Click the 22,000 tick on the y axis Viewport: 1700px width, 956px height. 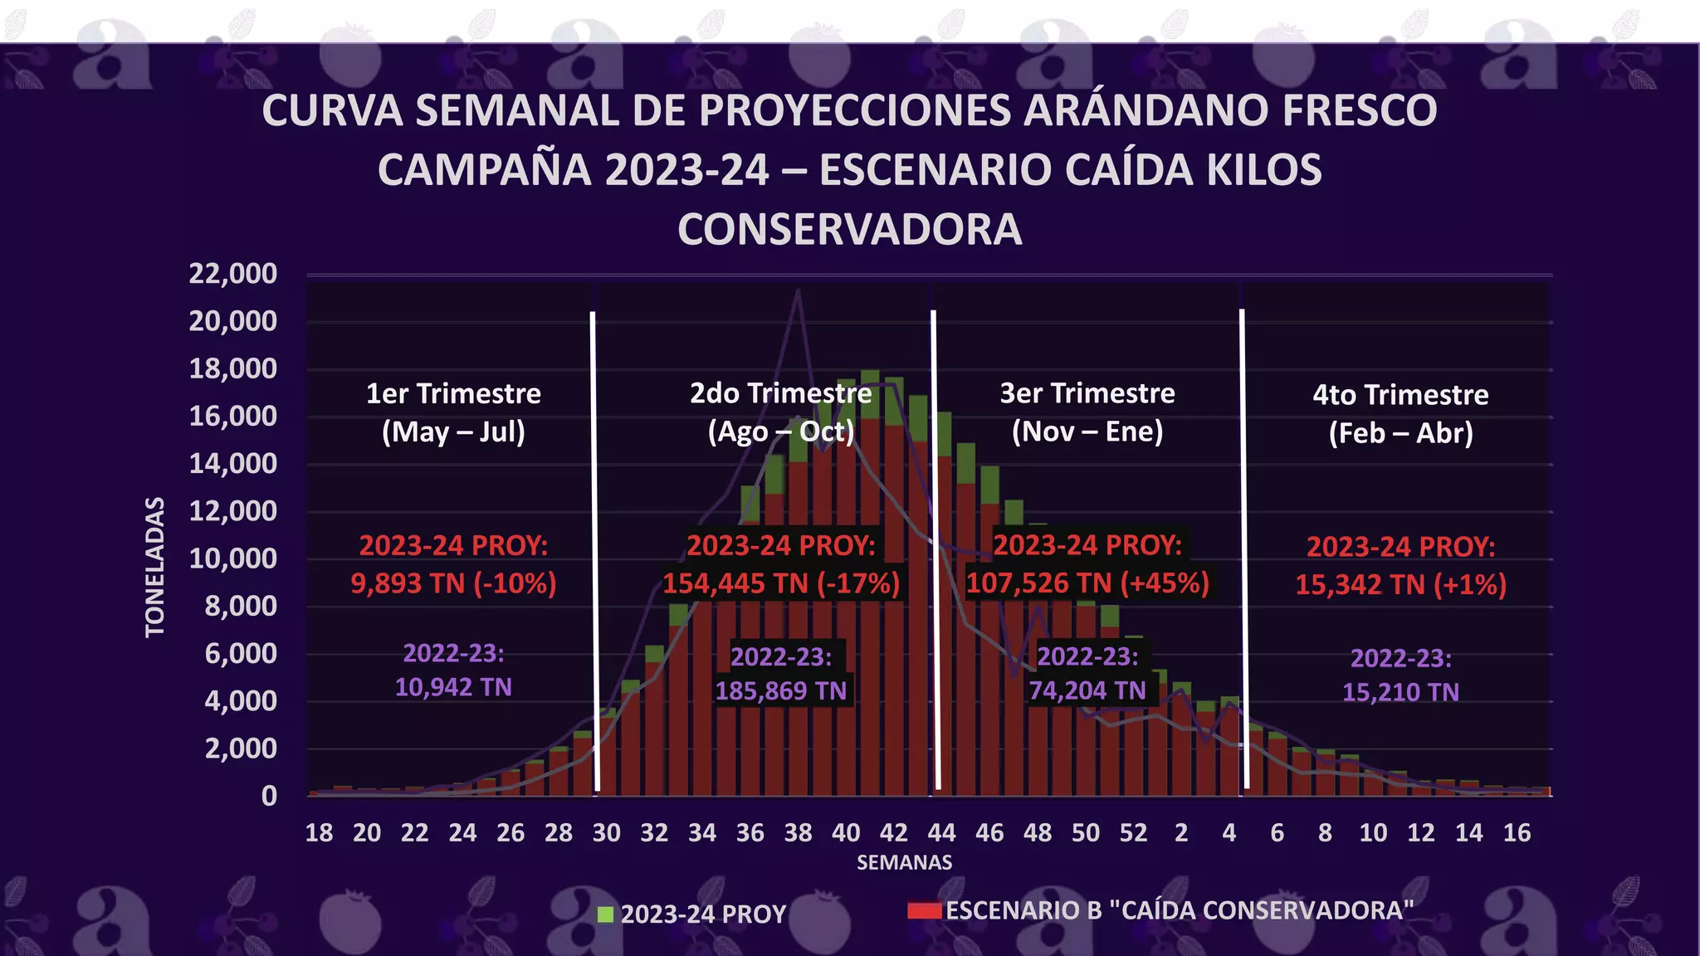pyautogui.click(x=232, y=273)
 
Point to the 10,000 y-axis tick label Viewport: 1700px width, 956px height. pyautogui.click(x=232, y=558)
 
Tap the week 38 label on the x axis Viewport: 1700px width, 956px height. pyautogui.click(x=798, y=833)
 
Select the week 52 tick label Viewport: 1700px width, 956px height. pyautogui.click(x=1133, y=833)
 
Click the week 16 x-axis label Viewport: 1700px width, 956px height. pyautogui.click(x=1517, y=833)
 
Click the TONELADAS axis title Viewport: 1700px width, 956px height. pyautogui.click(x=155, y=567)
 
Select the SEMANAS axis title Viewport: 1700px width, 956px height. pyautogui.click(x=904, y=863)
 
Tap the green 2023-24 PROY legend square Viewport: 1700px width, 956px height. pyautogui.click(x=606, y=915)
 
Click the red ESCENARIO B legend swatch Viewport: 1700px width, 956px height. pyautogui.click(x=925, y=910)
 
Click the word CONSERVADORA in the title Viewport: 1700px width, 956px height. pyautogui.click(x=849, y=230)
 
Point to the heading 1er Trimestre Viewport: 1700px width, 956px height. pyautogui.click(x=453, y=393)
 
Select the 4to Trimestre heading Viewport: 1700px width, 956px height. pyautogui.click(x=1400, y=395)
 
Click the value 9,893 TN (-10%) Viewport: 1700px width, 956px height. pyautogui.click(x=453, y=583)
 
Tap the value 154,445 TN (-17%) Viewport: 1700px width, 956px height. pyautogui.click(x=781, y=583)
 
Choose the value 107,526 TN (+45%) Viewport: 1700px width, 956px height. pyautogui.click(x=1087, y=583)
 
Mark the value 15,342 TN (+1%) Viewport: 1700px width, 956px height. pyautogui.click(x=1400, y=585)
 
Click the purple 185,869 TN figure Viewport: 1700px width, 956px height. pyautogui.click(x=781, y=690)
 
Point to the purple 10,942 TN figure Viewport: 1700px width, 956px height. pyautogui.click(x=453, y=687)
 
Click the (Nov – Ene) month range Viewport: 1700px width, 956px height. pyautogui.click(x=1087, y=432)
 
